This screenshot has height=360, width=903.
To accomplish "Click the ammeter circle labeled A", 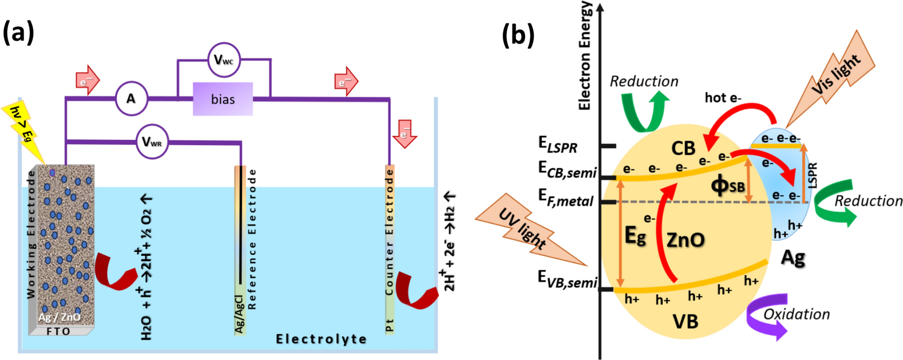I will (x=131, y=98).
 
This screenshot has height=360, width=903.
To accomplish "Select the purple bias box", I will (x=222, y=99).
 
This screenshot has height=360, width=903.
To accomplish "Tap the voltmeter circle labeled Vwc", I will (x=223, y=60).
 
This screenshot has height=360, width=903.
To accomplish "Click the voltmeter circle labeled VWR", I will (x=152, y=142).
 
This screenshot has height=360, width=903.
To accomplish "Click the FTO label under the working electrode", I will (x=58, y=331).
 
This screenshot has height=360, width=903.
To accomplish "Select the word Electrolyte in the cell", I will (x=321, y=339).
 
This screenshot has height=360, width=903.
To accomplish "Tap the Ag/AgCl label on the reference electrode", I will (x=239, y=313).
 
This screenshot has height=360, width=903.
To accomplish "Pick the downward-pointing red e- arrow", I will (x=405, y=135).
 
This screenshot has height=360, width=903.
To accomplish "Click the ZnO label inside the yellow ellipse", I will (x=685, y=240).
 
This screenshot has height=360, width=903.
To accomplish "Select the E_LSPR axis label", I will (x=558, y=145).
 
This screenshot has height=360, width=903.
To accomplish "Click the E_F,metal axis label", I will (x=566, y=199).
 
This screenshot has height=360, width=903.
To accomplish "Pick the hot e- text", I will (x=723, y=97).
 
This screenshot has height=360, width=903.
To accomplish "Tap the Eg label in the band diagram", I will (x=635, y=236).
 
